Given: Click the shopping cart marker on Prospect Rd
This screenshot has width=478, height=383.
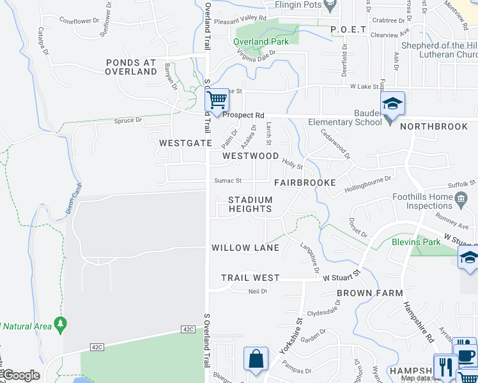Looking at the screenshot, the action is point(217,100).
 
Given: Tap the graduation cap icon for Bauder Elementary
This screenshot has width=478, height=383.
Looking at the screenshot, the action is point(392,103).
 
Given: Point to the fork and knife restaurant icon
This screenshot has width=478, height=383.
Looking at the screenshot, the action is point(445,366).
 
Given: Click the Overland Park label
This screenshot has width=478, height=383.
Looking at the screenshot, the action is point(261,42).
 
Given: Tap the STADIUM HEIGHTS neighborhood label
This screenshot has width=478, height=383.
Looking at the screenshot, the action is point(251,204).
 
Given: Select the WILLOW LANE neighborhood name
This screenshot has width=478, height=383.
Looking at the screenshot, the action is point(245,248).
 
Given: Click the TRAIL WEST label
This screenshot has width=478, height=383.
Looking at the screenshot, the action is point(251,278).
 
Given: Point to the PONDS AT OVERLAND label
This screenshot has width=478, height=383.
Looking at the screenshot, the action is point(132,67).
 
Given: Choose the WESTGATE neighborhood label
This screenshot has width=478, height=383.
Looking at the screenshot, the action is point(185,143).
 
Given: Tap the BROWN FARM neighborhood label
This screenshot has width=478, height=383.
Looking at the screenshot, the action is point(370,293).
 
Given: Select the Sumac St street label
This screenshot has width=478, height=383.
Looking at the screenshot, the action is point(227,181).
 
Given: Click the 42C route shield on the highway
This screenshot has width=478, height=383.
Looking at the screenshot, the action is point(187,329).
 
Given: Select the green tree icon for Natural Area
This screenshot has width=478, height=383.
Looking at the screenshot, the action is point(61,324).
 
